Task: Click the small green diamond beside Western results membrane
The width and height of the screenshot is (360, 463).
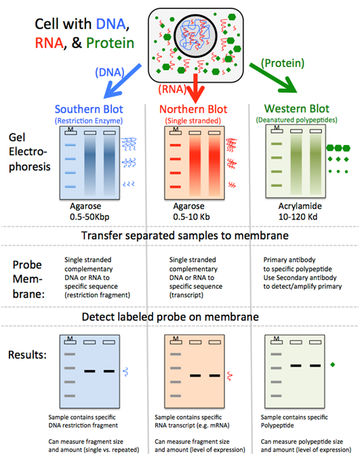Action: coord(333,365)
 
